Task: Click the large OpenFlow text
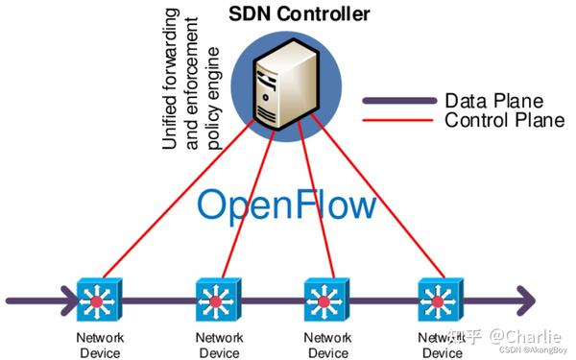[x=287, y=204]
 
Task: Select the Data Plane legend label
[x=493, y=101]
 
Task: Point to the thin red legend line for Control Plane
[x=398, y=120]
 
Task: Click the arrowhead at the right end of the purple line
[x=523, y=300]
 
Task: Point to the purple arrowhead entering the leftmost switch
[x=67, y=300]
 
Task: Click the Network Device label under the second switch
[x=219, y=345]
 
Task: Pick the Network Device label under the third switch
[x=327, y=345]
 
